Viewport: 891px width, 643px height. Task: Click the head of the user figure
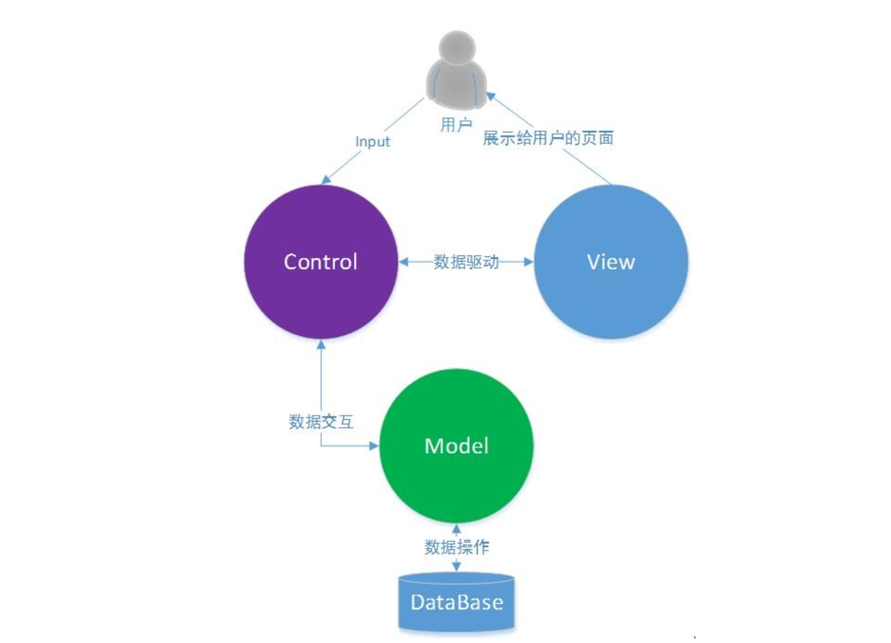coord(457,46)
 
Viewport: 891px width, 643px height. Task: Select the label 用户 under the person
coord(456,124)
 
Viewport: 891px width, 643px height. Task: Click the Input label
coord(372,141)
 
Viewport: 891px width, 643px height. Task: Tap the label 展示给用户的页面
coord(548,138)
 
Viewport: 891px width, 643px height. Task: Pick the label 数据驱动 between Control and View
coord(466,262)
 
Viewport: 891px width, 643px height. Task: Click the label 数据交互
coord(321,422)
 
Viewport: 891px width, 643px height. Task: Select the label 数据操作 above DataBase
coord(456,546)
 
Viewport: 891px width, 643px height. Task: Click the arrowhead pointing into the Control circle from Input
coord(326,179)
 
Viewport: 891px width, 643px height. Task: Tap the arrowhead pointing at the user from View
coord(490,96)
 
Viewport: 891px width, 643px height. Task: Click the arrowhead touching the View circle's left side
coord(529,262)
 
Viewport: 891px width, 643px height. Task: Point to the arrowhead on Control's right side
coord(404,262)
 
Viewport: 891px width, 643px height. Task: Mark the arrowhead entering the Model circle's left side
coord(374,445)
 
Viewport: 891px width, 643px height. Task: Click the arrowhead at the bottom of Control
coord(321,345)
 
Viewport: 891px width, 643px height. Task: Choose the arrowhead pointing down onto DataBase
coord(456,567)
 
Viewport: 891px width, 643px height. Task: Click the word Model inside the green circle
coord(456,446)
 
